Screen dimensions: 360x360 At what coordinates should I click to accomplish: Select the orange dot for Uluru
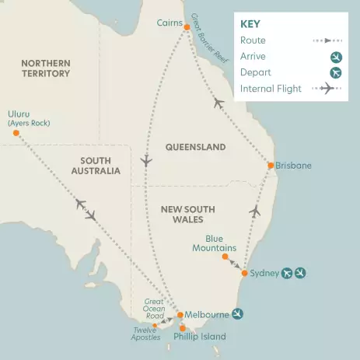tap(16, 133)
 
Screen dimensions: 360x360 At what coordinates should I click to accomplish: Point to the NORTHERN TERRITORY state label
tap(46, 68)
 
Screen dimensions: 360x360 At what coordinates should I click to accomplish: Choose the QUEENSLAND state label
tap(195, 147)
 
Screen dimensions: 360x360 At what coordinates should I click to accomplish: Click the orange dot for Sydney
tap(245, 274)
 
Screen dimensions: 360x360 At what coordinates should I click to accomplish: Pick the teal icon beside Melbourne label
tap(239, 314)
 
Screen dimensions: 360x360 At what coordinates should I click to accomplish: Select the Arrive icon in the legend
tap(336, 56)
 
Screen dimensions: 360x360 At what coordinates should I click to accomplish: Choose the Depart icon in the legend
tap(336, 72)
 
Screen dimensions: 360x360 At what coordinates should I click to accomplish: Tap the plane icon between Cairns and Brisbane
tap(218, 103)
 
